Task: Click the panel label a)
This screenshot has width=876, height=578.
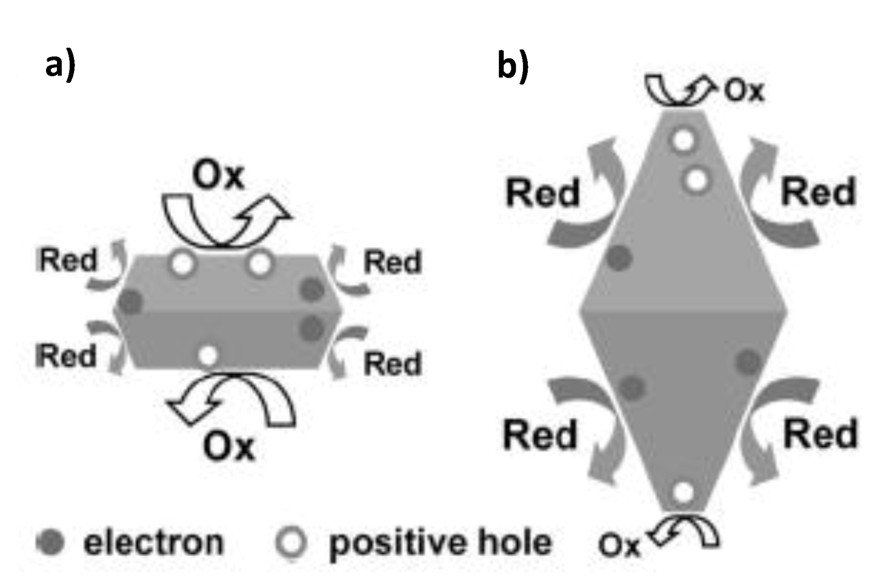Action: click(60, 66)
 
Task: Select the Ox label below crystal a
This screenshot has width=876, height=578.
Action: click(229, 446)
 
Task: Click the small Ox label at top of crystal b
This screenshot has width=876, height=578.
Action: click(744, 91)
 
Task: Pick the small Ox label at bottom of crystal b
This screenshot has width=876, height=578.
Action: click(619, 545)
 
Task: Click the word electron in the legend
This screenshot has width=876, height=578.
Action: click(154, 542)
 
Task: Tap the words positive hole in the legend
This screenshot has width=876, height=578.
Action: click(440, 542)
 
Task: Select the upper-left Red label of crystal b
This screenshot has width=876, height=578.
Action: click(543, 193)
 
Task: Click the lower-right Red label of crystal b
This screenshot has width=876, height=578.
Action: click(820, 434)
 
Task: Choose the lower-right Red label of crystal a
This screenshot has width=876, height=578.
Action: click(393, 363)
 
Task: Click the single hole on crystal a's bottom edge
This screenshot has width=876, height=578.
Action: click(208, 356)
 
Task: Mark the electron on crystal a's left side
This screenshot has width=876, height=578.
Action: click(131, 302)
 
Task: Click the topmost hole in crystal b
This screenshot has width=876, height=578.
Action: click(683, 140)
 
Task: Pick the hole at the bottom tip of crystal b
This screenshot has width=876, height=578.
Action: click(683, 492)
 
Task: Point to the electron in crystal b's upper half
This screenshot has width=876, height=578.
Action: click(619, 258)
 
